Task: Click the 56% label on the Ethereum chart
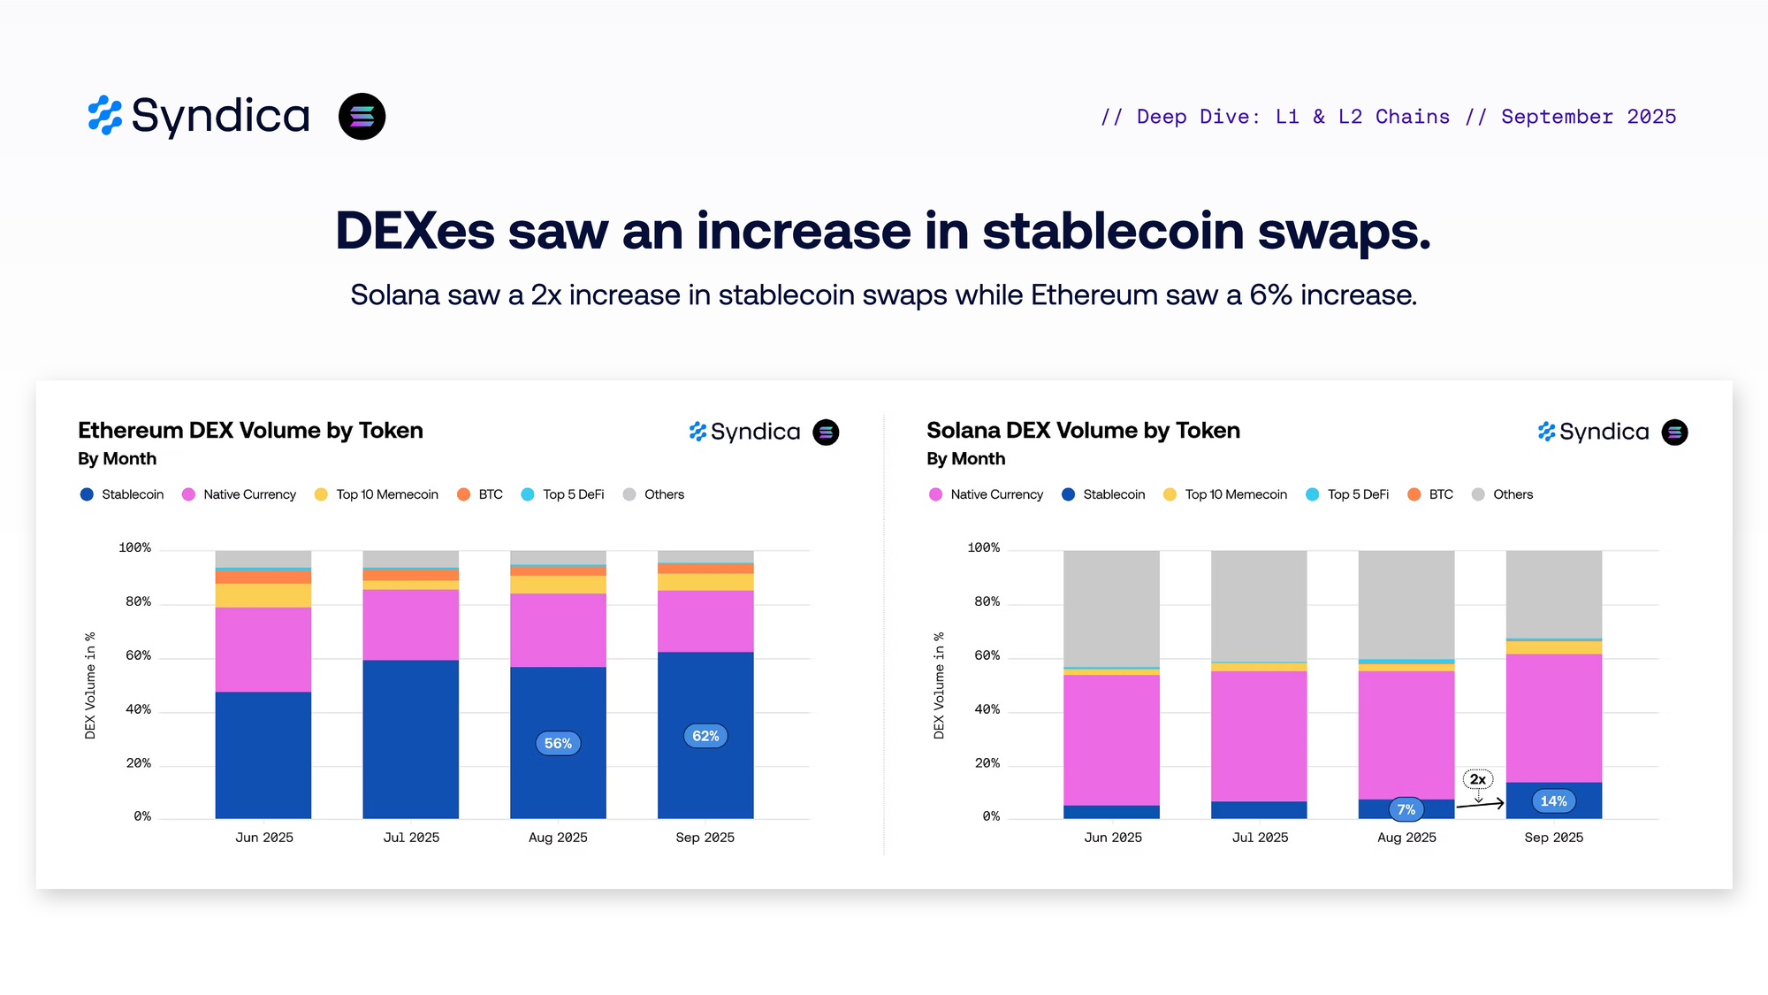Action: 558,743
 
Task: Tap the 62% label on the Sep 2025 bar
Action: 705,736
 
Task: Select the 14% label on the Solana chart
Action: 1553,801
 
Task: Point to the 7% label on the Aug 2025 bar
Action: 1406,809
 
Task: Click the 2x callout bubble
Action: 1478,779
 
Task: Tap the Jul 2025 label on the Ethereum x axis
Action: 411,838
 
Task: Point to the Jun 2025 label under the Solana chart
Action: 1113,838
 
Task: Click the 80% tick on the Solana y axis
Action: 987,602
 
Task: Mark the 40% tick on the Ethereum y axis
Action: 138,709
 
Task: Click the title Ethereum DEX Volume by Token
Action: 250,431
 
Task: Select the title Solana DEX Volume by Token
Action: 1083,431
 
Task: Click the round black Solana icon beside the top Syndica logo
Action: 362,117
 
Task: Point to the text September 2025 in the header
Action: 1589,117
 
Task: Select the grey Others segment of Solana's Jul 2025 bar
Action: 1259,606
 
